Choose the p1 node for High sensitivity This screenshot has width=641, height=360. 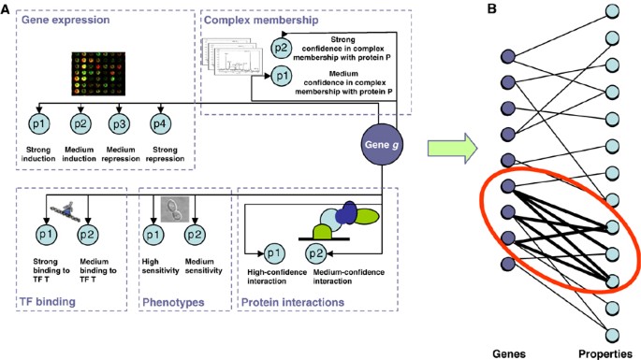[152, 231]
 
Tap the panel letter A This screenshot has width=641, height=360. [7, 8]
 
